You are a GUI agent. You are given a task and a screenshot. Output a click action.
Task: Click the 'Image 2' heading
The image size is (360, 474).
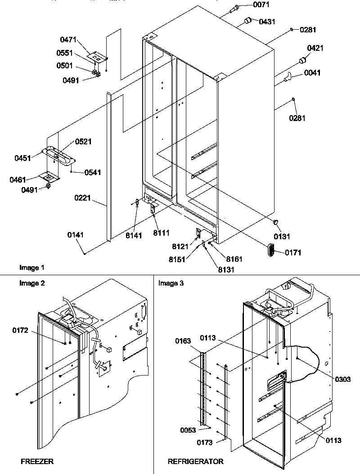click(x=32, y=283)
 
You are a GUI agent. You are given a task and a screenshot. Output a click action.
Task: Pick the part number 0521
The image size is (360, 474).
click(x=83, y=142)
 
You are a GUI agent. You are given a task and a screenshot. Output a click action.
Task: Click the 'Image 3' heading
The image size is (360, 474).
click(x=171, y=283)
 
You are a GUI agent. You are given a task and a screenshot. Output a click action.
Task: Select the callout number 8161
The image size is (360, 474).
click(x=234, y=259)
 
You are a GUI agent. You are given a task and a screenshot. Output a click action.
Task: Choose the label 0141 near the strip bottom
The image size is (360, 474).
click(x=76, y=235)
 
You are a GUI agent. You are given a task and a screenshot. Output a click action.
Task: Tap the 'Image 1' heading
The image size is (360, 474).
click(x=32, y=268)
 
